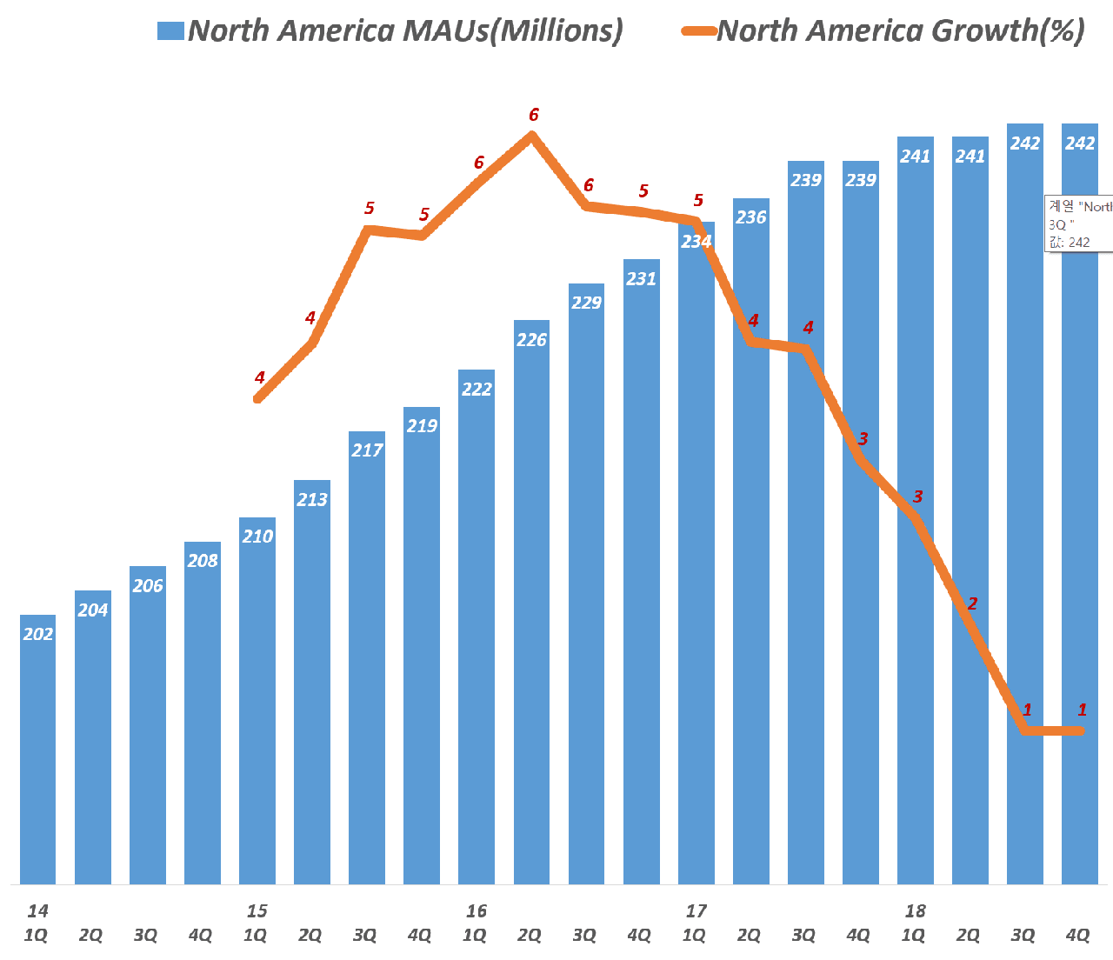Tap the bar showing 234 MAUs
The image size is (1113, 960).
click(696, 557)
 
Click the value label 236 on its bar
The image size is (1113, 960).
click(751, 217)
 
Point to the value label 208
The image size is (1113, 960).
click(203, 561)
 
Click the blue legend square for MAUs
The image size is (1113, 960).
click(170, 31)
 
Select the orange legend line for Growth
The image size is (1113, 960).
click(699, 31)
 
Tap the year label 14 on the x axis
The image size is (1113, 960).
click(37, 911)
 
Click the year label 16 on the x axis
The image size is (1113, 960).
click(477, 911)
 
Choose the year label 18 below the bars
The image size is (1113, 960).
click(915, 911)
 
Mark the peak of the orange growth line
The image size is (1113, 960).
click(532, 135)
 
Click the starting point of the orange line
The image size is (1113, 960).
click(258, 399)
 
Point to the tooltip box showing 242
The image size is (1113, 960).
click(1079, 224)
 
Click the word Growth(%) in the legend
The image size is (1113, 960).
click(1008, 31)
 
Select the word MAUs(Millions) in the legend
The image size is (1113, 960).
click(513, 31)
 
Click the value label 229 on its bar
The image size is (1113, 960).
click(587, 303)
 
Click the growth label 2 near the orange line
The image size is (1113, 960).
click(972, 603)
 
